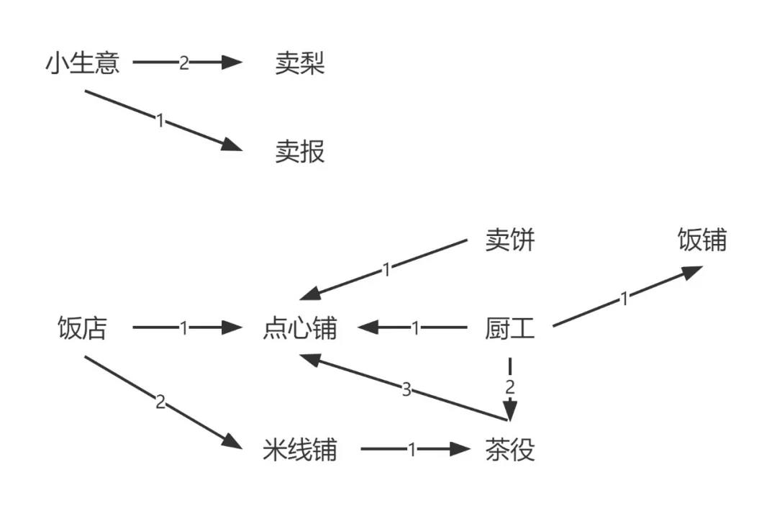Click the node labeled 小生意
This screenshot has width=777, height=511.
(x=82, y=63)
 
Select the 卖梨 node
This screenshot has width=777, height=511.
(x=300, y=63)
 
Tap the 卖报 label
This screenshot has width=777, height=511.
(x=300, y=152)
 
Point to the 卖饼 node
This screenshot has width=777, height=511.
(x=510, y=240)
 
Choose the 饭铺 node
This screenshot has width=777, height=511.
(x=702, y=240)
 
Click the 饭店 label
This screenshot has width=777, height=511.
(x=82, y=329)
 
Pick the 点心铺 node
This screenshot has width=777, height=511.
(x=300, y=329)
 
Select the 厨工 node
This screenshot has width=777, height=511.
(x=510, y=329)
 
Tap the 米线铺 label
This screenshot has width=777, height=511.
(x=300, y=451)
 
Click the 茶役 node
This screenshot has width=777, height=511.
(x=510, y=451)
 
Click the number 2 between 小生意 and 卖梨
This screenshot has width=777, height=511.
(x=183, y=63)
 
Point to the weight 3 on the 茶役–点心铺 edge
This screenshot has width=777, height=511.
(x=406, y=390)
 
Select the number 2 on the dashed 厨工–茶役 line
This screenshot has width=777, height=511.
(x=510, y=386)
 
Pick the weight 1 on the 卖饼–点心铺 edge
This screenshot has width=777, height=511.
(x=386, y=270)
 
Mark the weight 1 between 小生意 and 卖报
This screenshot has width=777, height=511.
(x=160, y=120)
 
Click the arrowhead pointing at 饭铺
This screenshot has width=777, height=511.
(x=692, y=272)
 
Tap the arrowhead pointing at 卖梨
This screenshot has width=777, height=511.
(x=232, y=63)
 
